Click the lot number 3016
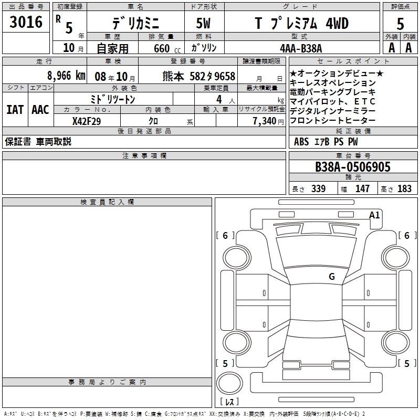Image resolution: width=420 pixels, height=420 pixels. [x=26, y=22]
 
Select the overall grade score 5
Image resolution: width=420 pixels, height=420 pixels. [x=400, y=24]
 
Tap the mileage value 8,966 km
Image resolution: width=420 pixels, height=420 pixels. [x=66, y=76]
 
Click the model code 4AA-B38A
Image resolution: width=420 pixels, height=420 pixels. [x=301, y=48]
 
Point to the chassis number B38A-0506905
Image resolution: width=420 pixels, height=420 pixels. [x=353, y=167]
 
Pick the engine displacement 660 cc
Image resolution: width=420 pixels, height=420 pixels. [x=167, y=49]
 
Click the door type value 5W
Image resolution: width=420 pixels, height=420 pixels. [x=204, y=23]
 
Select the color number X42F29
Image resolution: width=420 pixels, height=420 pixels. [x=87, y=121]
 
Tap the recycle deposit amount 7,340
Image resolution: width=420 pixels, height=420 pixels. [x=265, y=121]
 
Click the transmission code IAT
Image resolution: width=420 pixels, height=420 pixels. [x=15, y=110]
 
